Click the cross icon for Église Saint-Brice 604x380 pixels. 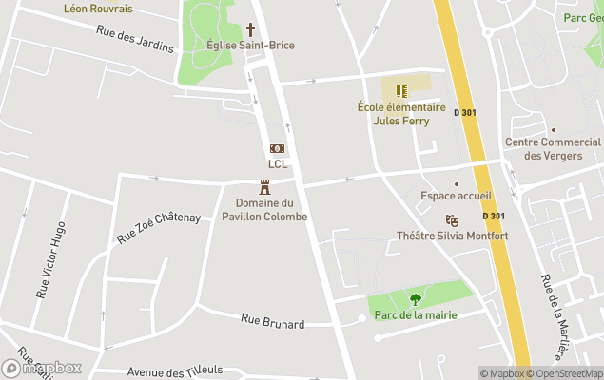click(251, 29)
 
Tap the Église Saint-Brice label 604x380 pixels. click(250, 46)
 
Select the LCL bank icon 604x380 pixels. click(277, 148)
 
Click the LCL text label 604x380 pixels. click(277, 163)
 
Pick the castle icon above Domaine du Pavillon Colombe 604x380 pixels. click(265, 188)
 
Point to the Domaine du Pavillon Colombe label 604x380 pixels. click(271, 210)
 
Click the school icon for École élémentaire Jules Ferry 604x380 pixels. click(401, 91)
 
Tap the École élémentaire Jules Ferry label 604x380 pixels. click(400, 114)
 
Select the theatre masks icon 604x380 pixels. click(452, 220)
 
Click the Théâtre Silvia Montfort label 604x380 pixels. click(453, 236)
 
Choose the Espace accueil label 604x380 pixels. click(456, 197)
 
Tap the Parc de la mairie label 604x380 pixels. click(416, 315)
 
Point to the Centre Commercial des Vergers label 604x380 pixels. click(553, 149)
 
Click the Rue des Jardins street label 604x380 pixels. click(135, 39)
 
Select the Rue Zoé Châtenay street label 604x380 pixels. click(158, 227)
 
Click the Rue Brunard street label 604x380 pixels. click(272, 323)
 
